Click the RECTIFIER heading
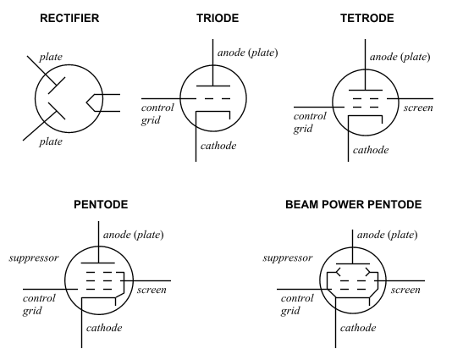point(69,18)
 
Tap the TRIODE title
point(218,18)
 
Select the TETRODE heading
point(367,18)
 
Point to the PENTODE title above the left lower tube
point(101,204)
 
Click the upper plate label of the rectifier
point(51,57)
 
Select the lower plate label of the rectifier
point(51,141)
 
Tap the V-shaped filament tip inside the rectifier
point(87,102)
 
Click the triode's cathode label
point(218,146)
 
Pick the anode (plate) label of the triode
point(248,53)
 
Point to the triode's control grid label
point(157,114)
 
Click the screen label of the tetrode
point(418,108)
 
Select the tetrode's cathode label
point(371,150)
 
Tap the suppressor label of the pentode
point(34,258)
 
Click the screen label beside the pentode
point(152,290)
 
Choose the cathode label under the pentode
point(104,328)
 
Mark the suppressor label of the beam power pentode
point(288,258)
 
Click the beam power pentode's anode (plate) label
point(387,235)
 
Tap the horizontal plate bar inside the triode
point(213,86)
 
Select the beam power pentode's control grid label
point(297,304)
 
